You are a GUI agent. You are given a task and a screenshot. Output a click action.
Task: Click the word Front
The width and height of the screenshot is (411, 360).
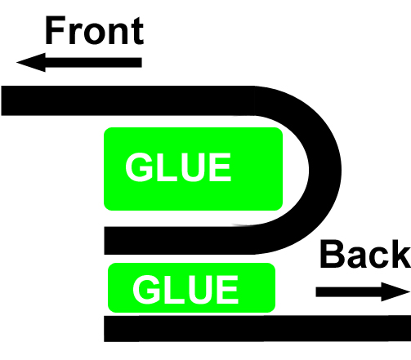(94, 30)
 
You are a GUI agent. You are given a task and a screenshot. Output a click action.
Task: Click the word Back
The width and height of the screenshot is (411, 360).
(365, 254)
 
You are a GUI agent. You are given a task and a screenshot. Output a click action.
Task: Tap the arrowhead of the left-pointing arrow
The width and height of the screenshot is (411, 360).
(31, 62)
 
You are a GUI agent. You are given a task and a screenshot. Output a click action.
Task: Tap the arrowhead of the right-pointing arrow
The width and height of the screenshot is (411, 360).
(395, 292)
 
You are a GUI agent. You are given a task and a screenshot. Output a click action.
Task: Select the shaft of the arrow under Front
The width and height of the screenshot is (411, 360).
(93, 62)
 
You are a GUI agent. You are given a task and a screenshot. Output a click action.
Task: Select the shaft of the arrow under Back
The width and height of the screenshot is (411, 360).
(349, 292)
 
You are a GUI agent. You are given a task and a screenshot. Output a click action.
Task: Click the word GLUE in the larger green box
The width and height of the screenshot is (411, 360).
(178, 167)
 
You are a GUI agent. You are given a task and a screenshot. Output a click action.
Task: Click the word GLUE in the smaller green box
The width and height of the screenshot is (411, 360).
(185, 289)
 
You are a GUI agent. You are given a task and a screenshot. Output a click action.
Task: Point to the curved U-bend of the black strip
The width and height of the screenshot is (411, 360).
(324, 170)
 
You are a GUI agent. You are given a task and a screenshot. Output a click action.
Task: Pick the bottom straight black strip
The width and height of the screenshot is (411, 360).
(257, 329)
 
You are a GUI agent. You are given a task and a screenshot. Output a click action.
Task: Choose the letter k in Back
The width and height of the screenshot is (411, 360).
(401, 254)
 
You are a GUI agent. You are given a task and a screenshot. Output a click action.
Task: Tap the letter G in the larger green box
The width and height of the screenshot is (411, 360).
(139, 167)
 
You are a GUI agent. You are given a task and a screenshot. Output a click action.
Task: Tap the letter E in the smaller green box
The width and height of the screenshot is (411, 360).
(229, 289)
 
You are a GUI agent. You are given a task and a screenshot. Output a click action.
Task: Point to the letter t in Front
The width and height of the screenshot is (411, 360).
(137, 31)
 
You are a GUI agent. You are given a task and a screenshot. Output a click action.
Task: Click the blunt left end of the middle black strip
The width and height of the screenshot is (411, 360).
(105, 241)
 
